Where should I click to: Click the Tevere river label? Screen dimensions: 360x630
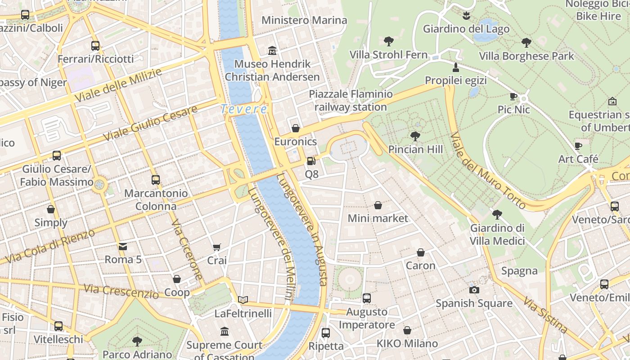click(x=244, y=109)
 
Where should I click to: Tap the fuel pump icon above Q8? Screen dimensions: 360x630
click(x=311, y=161)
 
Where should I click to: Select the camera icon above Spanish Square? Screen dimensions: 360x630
click(x=474, y=290)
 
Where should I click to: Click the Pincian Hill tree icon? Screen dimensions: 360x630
click(x=415, y=136)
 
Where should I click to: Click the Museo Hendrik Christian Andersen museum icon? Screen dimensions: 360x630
click(x=272, y=50)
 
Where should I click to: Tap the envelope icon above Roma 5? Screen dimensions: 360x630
click(x=123, y=246)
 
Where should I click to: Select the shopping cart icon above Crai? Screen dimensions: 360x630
click(x=217, y=247)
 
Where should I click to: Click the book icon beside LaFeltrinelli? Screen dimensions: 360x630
click(x=243, y=300)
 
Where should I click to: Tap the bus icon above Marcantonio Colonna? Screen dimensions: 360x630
click(x=156, y=180)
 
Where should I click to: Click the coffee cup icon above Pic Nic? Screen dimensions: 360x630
click(x=513, y=96)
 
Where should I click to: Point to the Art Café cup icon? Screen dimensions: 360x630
click(x=578, y=146)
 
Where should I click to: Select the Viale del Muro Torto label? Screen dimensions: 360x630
click(x=488, y=171)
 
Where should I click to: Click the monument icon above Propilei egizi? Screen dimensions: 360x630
click(x=456, y=67)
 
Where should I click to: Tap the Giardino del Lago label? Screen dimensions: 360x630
click(x=466, y=29)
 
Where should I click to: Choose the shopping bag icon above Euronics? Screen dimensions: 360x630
click(x=296, y=128)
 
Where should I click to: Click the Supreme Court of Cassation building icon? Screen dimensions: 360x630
click(x=225, y=332)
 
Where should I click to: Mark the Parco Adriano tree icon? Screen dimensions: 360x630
click(x=137, y=341)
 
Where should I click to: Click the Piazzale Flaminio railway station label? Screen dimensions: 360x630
click(x=351, y=100)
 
